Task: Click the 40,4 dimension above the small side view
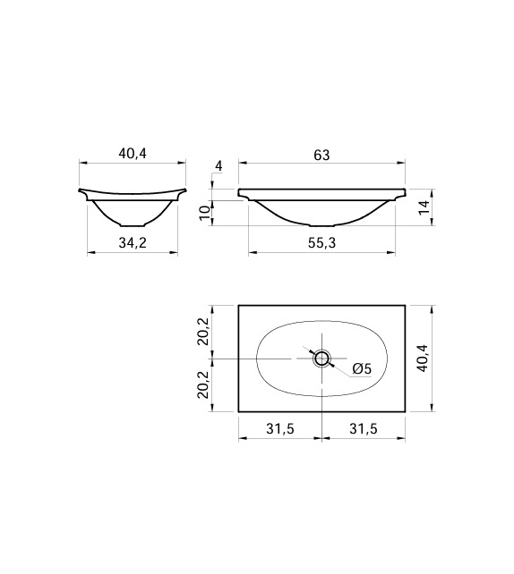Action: (x=133, y=154)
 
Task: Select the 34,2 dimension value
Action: (x=133, y=244)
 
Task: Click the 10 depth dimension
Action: (x=205, y=212)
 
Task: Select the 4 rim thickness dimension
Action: (x=218, y=167)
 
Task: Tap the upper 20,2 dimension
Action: (x=204, y=332)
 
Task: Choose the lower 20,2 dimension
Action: (x=204, y=384)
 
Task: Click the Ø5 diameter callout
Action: (x=362, y=368)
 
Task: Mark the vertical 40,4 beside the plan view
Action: (x=424, y=359)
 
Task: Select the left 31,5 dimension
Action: (x=280, y=429)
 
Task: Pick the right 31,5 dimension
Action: (x=364, y=429)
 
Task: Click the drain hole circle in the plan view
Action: (x=322, y=359)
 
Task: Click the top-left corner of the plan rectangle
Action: (x=239, y=306)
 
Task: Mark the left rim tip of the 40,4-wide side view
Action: (x=81, y=190)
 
